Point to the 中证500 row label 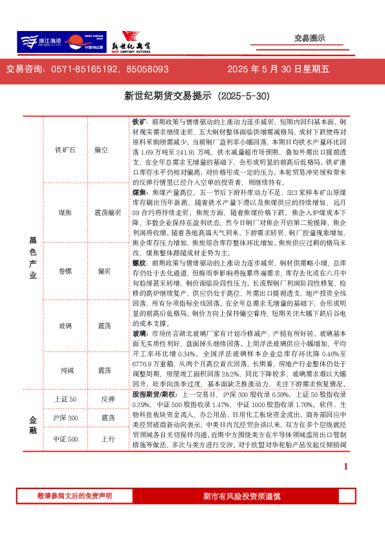pos(65,439)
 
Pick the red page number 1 pos(346,466)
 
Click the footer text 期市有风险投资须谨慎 pos(241,496)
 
